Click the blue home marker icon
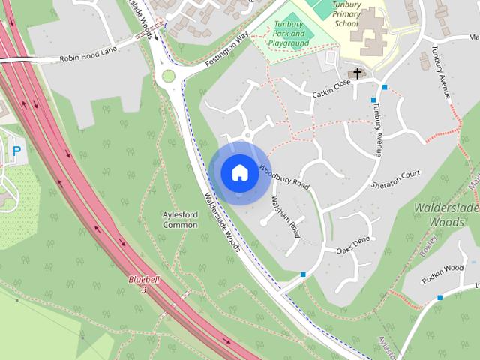point(239,172)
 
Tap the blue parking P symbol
point(16,151)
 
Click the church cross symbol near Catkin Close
point(358,73)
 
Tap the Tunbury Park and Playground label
point(289,34)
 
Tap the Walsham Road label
point(285,216)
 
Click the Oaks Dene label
point(353,244)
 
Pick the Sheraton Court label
point(395,179)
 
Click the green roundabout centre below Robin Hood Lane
point(168,76)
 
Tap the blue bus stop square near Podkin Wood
point(439,297)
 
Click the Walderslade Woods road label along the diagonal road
point(222,222)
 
